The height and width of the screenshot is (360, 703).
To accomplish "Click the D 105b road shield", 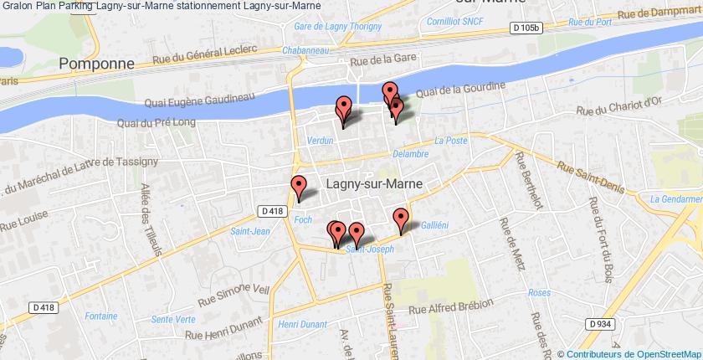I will click(x=526, y=28).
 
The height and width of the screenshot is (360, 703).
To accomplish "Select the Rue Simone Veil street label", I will click(x=234, y=289).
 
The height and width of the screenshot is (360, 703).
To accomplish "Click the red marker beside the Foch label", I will click(x=299, y=188).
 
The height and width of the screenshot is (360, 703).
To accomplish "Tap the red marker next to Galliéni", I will click(x=402, y=219).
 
